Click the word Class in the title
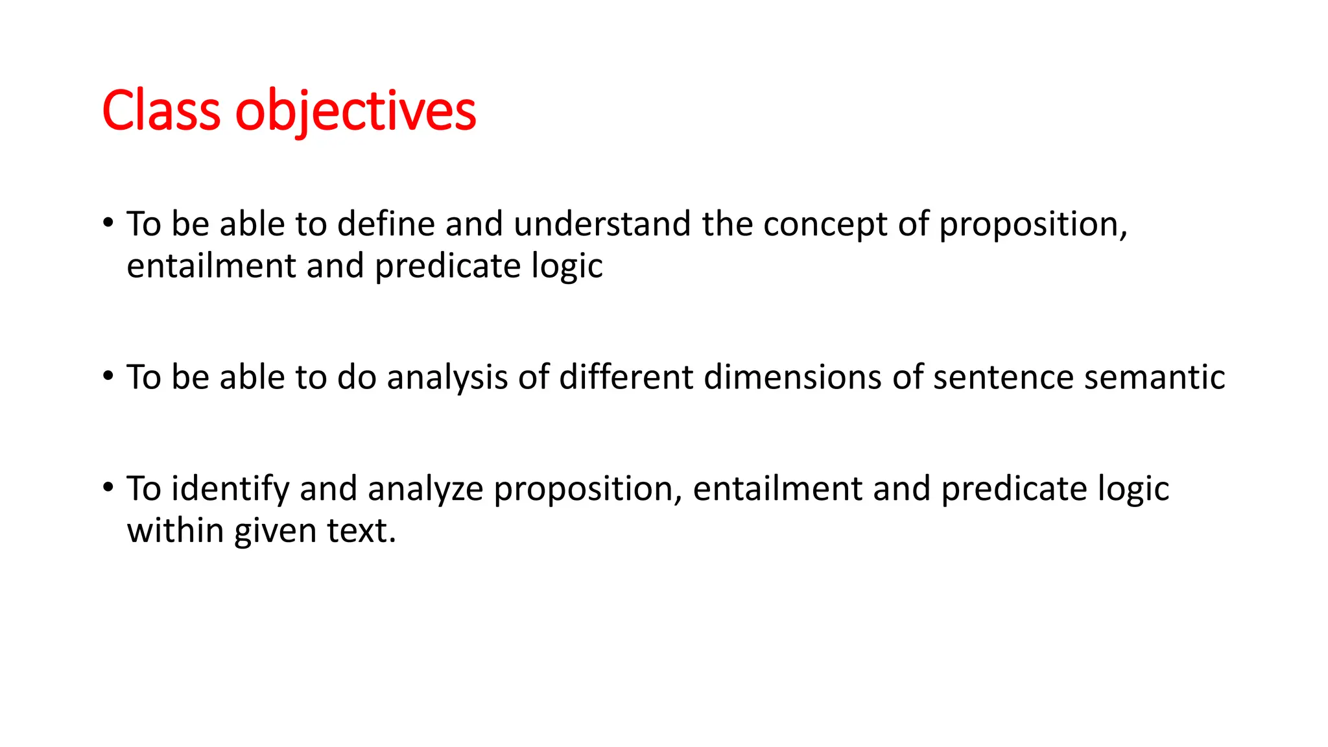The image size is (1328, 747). [161, 111]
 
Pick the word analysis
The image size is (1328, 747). [447, 377]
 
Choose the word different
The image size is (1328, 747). [626, 377]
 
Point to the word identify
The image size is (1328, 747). [230, 489]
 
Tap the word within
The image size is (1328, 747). [175, 530]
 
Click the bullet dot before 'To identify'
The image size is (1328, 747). [108, 487]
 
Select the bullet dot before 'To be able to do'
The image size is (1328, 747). [108, 375]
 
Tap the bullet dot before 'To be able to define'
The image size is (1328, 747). [108, 222]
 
